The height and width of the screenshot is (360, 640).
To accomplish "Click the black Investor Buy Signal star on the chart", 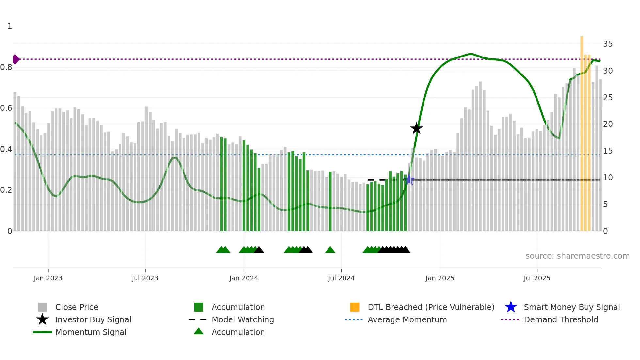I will coord(416,128).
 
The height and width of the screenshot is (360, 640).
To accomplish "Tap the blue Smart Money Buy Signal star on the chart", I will coord(409,180).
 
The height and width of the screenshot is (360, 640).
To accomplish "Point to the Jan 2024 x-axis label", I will coord(244,278).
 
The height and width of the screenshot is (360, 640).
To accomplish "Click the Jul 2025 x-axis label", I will coord(537,278).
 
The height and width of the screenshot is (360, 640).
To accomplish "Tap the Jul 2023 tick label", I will coord(145,278).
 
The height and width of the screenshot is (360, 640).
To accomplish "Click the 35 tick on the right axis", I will coord(608,44).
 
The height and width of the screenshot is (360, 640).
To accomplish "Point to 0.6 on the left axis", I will coord(6,108).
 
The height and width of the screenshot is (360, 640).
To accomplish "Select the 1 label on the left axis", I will coord(10,26).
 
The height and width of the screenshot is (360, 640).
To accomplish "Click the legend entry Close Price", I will coord(77,307).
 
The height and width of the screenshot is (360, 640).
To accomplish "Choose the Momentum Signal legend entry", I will coord(91,332).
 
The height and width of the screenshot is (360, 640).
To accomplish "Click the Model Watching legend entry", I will coord(243,319).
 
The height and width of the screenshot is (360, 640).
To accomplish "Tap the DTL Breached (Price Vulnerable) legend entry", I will coord(431,307).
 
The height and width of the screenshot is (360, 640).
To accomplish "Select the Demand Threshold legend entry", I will coord(561,319).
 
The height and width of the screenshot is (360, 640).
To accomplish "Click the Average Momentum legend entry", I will coord(407,319).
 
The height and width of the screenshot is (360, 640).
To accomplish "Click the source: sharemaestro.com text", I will coord(577,256).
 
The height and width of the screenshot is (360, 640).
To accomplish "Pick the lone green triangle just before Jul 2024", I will coord(330,250).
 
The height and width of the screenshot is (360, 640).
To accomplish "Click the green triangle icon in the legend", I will coord(199,331).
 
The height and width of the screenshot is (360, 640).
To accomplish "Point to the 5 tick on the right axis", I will coord(605,205).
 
